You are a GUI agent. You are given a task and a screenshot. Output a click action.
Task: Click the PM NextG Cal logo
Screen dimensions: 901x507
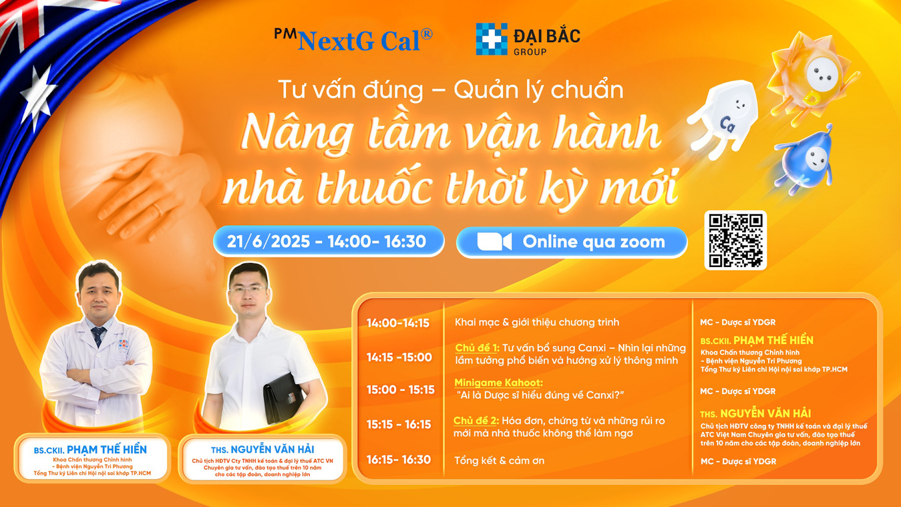[x=353, y=40]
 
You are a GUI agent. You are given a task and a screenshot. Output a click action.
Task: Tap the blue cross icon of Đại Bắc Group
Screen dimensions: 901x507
[x=491, y=39]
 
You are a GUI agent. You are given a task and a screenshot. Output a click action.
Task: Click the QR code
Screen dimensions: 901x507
[x=735, y=241]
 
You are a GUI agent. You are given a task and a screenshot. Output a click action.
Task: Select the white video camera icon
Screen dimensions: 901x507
[x=495, y=241]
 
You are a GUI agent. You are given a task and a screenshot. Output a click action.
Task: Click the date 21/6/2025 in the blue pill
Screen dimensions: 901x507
[x=268, y=241]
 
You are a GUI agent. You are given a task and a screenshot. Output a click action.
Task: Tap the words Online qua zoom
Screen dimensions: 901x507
[x=594, y=241]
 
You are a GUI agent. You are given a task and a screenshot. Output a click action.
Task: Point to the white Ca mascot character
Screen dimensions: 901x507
[x=722, y=119]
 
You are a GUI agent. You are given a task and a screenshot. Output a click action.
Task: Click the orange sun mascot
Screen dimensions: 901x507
[x=812, y=77]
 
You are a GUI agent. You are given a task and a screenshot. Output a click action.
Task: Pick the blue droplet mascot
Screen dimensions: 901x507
[x=804, y=159]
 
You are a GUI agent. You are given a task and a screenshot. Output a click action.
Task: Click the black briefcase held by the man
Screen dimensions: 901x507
[x=283, y=398]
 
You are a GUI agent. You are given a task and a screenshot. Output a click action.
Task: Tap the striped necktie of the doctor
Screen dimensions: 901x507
[x=98, y=336]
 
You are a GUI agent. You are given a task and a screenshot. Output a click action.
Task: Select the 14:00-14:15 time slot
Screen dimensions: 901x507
[x=398, y=323]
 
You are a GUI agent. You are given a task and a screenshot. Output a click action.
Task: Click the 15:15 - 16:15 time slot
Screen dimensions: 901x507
[x=399, y=424]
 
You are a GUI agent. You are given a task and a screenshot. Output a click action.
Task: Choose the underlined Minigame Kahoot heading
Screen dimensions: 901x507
[x=498, y=383]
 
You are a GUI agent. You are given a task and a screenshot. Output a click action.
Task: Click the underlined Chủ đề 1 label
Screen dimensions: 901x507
[x=477, y=348]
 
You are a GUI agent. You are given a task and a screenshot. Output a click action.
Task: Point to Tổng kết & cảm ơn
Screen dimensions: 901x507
[x=499, y=460]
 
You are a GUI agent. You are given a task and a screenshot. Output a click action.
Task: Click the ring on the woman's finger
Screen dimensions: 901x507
[x=156, y=209]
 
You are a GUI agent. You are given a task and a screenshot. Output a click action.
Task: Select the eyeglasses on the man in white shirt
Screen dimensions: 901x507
[x=247, y=289]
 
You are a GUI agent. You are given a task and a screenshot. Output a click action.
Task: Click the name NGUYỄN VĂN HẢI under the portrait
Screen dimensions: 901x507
[x=272, y=449]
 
